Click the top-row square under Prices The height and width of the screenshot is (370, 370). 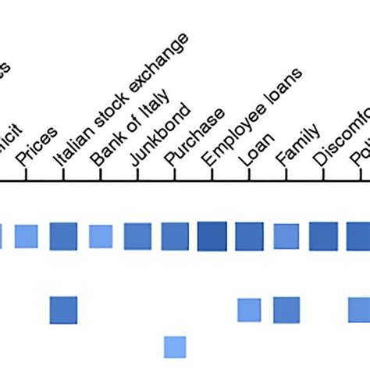click(x=26, y=236)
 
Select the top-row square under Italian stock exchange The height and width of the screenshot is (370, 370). click(x=63, y=236)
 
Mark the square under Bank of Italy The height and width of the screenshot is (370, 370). click(x=101, y=236)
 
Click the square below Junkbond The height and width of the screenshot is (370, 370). click(x=137, y=236)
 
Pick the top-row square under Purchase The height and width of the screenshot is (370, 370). click(x=175, y=236)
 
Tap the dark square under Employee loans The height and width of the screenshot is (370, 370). click(x=212, y=236)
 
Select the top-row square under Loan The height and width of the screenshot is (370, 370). click(x=249, y=236)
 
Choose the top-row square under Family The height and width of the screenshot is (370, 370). click(x=286, y=236)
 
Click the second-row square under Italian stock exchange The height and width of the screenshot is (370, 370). click(x=63, y=310)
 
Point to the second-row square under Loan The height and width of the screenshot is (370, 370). click(x=249, y=310)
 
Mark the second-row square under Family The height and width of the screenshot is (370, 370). click(x=286, y=310)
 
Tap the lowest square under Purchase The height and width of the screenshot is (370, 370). click(x=175, y=347)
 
